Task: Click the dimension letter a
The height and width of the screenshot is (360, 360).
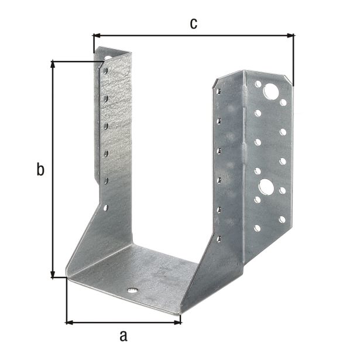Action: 123,336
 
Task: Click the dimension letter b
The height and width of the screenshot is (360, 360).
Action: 40,170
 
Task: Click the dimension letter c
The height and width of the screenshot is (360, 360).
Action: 193,23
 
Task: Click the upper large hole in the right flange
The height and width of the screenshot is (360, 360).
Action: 271,91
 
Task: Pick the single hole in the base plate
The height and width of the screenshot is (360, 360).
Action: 133,290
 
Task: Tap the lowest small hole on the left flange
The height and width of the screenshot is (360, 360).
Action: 106,207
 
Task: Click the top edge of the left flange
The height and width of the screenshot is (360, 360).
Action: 114,51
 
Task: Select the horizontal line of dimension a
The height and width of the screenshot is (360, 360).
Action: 123,321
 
